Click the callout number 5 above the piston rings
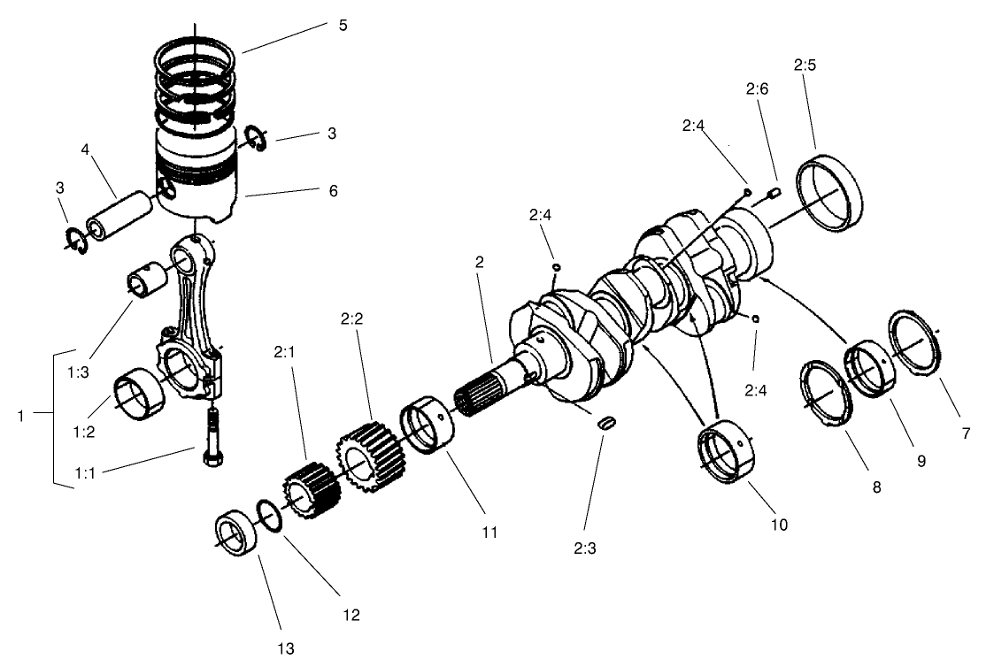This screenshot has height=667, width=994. coord(343,25)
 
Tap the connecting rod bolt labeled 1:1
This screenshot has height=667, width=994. coord(212,433)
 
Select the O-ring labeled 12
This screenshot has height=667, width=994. coord(270,516)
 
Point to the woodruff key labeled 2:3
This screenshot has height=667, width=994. coord(605,423)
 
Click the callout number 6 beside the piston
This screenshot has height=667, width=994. coord(332,190)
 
